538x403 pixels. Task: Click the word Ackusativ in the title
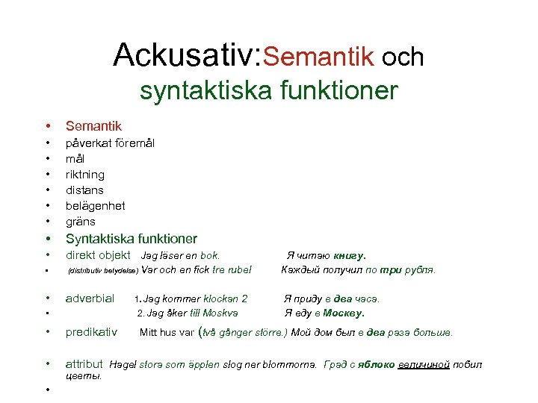[x=184, y=55]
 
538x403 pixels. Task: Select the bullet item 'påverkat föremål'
[x=110, y=142]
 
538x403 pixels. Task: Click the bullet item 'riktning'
[x=86, y=174]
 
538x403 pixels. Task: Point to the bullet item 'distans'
[x=84, y=190]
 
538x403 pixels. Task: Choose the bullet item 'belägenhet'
[x=95, y=205]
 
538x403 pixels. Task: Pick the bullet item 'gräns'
[x=81, y=222]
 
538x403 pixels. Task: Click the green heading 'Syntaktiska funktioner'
[x=132, y=239]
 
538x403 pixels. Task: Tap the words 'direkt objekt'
[x=98, y=255]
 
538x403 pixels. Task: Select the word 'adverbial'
[x=90, y=299]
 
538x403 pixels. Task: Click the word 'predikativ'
[x=91, y=331]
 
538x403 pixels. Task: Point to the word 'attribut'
[x=84, y=364]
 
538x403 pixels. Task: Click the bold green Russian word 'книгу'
[x=350, y=255]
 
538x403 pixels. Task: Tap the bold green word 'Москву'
[x=344, y=313]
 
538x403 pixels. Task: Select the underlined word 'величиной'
[x=424, y=365]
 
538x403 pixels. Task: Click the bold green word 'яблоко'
[x=375, y=365]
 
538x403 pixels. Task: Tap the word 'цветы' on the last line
[x=84, y=377]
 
